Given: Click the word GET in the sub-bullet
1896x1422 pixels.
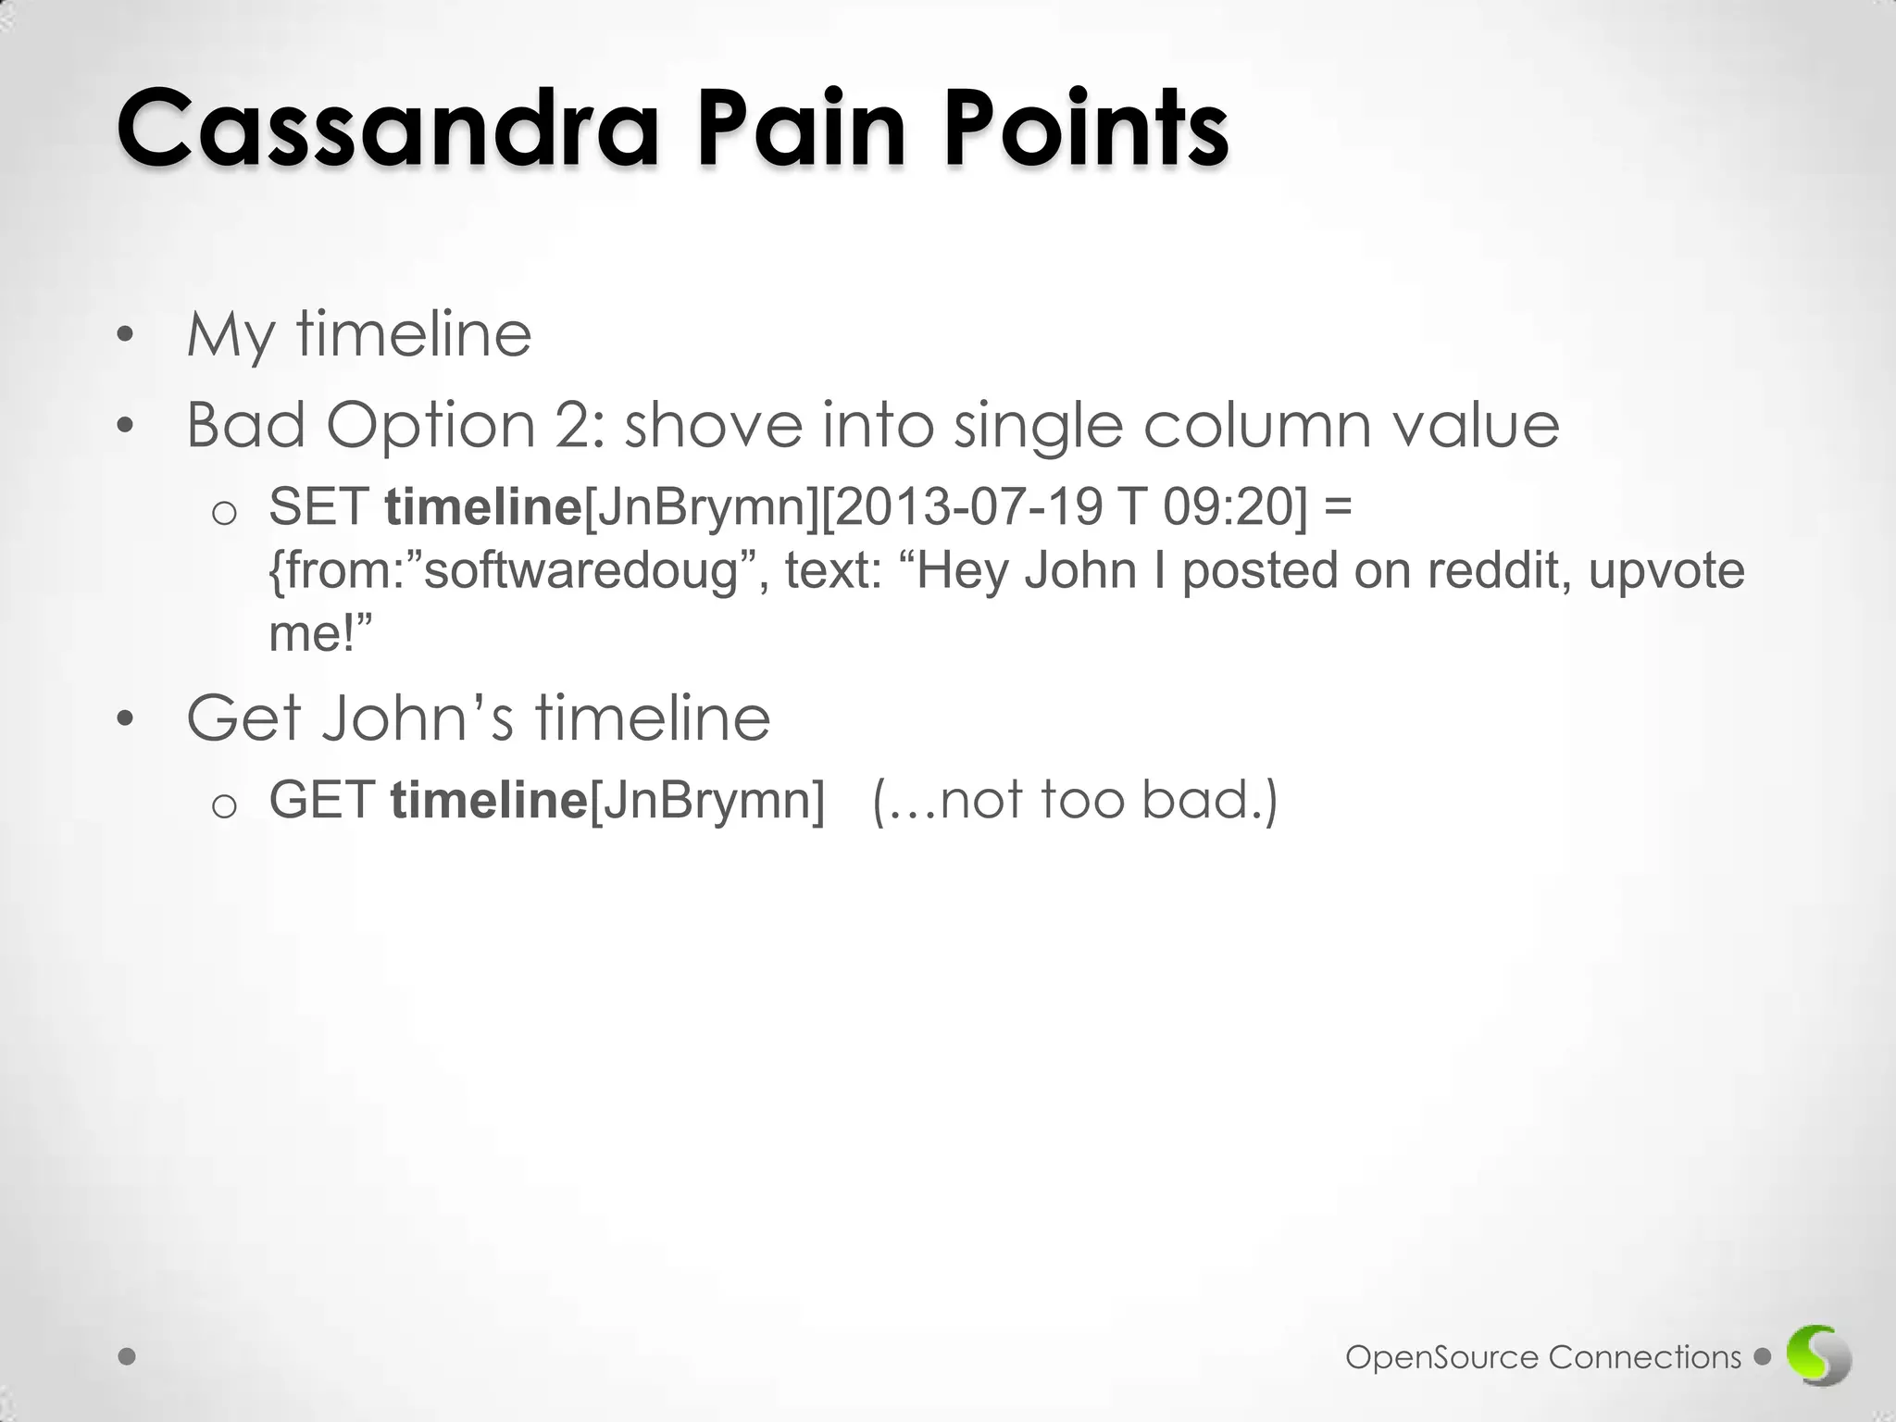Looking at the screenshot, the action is [x=322, y=800].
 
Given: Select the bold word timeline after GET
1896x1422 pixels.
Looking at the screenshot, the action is [x=489, y=800].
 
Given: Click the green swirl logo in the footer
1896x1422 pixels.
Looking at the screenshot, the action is [x=1819, y=1356].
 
